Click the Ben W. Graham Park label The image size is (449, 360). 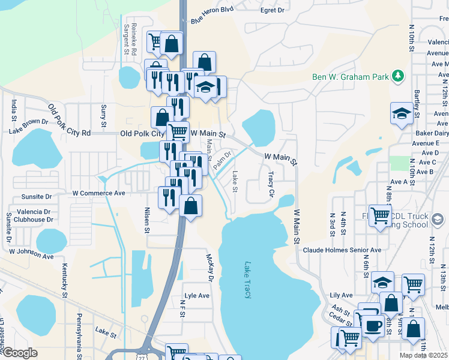point(351,77)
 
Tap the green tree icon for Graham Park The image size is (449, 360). point(397,76)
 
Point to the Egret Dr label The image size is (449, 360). point(272,10)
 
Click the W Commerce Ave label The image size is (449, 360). point(98,193)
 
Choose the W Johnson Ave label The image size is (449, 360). point(31,254)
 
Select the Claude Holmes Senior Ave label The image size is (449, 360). point(342,250)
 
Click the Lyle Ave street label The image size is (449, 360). point(197,296)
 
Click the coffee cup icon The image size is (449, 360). point(373,325)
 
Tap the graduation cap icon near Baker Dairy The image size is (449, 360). point(401,113)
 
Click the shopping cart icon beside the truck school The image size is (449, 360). point(379,215)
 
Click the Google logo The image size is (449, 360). point(20,353)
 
